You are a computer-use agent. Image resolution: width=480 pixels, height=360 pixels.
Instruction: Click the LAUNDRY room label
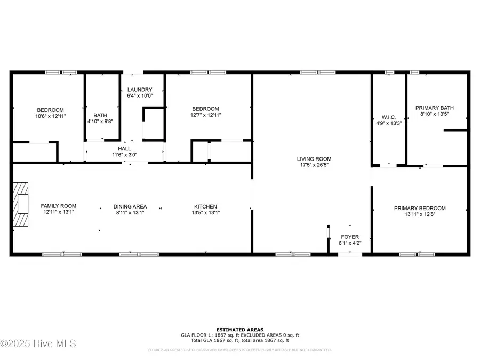(x=140, y=90)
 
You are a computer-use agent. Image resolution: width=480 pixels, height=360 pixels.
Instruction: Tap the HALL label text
(x=124, y=148)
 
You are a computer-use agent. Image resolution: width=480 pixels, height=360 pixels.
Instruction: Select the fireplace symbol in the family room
(x=21, y=205)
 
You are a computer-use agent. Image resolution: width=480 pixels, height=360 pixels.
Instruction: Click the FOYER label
(x=350, y=237)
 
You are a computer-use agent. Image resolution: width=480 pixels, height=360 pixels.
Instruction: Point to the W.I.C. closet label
(x=388, y=117)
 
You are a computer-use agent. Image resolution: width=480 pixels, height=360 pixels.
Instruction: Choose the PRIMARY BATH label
(x=435, y=107)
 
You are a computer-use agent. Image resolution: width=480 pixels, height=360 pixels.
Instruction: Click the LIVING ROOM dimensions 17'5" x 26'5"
(x=314, y=165)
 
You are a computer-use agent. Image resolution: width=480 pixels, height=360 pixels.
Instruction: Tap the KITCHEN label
(x=205, y=206)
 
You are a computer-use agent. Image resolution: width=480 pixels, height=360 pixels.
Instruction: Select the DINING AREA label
(x=130, y=206)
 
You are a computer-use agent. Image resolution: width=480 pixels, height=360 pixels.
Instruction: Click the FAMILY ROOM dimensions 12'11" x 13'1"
(x=59, y=212)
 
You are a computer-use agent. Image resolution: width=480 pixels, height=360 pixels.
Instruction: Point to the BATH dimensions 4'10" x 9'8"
(x=100, y=121)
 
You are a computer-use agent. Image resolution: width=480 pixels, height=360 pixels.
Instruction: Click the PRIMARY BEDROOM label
(x=420, y=209)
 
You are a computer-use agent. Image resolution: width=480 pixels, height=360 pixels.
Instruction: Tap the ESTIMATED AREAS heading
(x=239, y=329)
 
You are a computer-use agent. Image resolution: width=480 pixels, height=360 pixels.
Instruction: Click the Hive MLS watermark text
(x=38, y=343)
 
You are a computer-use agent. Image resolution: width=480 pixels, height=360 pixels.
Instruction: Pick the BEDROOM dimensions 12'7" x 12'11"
(x=205, y=115)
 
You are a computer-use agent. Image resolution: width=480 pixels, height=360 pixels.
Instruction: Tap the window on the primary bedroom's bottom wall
(x=417, y=254)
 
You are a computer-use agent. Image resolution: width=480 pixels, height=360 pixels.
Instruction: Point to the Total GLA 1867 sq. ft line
(x=239, y=340)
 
